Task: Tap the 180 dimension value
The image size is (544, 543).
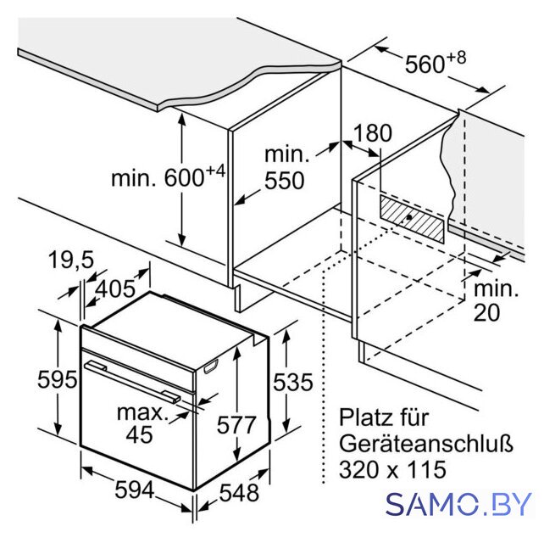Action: tap(373, 132)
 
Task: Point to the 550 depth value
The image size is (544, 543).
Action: tap(285, 181)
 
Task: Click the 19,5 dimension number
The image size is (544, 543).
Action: tap(71, 259)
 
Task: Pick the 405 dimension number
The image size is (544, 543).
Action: tap(115, 288)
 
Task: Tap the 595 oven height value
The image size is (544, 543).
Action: tap(58, 379)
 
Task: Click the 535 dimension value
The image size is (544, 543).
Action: tap(293, 382)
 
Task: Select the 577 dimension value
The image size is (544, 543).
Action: tap(236, 424)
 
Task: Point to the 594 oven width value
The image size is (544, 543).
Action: tap(135, 490)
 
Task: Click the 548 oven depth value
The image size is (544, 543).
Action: tap(240, 492)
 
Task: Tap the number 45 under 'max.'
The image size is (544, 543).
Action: tap(140, 434)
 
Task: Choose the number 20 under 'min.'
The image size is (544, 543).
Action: tap(487, 312)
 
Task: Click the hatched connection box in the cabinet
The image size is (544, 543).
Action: tap(412, 219)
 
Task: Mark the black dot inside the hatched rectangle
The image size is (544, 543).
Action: tap(409, 217)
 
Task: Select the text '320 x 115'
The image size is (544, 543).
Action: tap(392, 469)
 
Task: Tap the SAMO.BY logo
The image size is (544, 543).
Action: tap(458, 504)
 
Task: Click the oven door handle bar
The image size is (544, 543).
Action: tap(132, 382)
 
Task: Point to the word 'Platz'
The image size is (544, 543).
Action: tap(363, 417)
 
